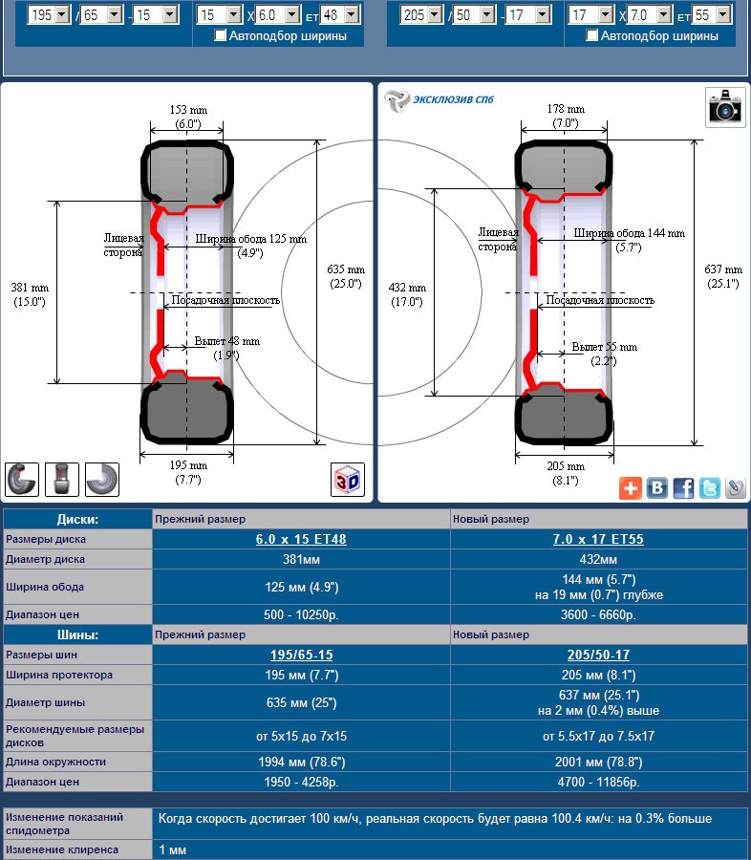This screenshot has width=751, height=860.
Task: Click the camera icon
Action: (x=725, y=107)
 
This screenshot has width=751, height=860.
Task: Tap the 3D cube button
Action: (x=347, y=480)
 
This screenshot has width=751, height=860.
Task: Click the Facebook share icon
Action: (x=683, y=488)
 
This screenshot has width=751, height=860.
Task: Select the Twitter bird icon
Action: (x=709, y=488)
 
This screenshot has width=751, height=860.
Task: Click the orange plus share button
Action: (x=631, y=488)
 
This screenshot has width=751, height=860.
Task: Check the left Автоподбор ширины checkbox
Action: (x=220, y=35)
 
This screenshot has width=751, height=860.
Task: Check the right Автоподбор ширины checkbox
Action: (x=591, y=35)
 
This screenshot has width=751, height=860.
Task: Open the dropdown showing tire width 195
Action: (x=49, y=14)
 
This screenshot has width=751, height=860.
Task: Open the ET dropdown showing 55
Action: (x=712, y=14)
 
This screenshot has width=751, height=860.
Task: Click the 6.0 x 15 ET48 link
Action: (x=301, y=539)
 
